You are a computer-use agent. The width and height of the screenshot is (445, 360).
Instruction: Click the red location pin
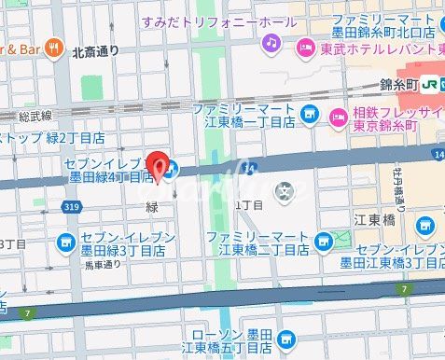pos(159,164)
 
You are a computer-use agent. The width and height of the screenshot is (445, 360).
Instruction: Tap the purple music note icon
pos(271,43)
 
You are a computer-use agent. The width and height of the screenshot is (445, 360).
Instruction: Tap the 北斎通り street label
pos(96,53)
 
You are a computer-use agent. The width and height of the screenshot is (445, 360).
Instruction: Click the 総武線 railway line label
pos(36,117)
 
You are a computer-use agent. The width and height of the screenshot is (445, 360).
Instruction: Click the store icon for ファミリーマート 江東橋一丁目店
pos(311,116)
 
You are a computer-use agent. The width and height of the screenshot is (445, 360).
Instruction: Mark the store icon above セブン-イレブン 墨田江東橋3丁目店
pos(424,225)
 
